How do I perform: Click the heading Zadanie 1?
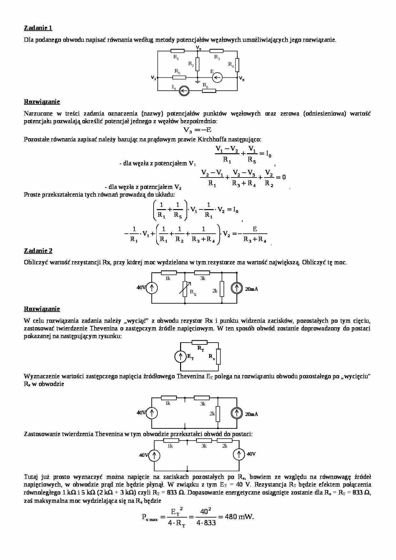38,28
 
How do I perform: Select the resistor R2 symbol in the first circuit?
197,64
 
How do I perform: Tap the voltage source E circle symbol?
217,77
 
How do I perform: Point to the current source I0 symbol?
184,91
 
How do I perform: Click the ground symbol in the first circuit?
197,82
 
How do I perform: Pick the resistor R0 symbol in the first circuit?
209,91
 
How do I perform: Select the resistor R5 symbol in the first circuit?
179,77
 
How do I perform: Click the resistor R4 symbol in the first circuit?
237,65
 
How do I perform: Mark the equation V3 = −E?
197,130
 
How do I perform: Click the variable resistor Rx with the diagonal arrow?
185,289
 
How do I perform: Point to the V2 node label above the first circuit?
199,48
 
